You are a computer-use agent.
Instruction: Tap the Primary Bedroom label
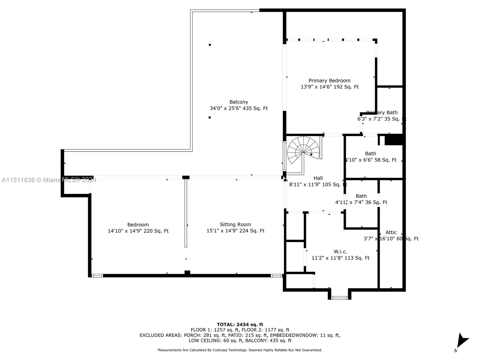329,80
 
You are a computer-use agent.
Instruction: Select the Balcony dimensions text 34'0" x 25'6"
238,108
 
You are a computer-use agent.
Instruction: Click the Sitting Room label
235,224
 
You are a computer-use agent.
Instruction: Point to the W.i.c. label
340,251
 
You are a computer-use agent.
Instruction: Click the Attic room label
391,232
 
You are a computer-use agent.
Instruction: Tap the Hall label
318,178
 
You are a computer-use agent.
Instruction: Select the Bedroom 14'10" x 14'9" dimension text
138,231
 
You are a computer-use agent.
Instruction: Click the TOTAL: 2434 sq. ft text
240,324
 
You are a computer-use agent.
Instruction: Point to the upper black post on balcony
210,45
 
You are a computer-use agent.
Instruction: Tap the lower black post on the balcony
209,117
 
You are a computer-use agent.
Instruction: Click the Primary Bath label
382,112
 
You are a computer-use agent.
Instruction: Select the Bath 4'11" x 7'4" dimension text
361,202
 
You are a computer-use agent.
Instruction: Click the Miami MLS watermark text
49,180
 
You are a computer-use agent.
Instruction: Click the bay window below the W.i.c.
340,298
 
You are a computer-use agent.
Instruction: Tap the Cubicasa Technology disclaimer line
240,350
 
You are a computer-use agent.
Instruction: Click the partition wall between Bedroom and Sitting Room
186,213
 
